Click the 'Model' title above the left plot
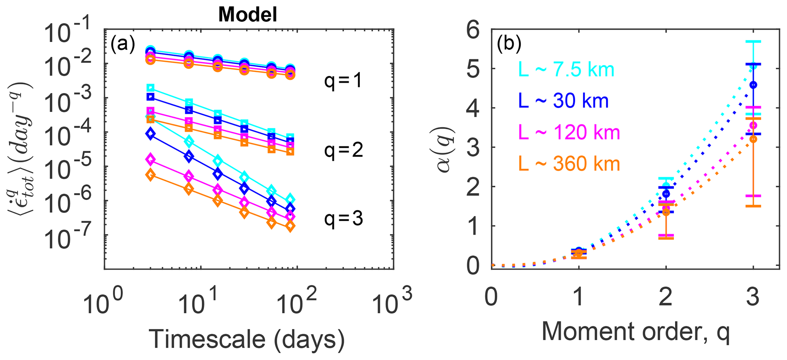point(247,15)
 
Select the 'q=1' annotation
point(343,81)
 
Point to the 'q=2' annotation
point(343,151)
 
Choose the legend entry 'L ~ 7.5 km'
point(566,70)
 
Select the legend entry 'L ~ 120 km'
point(569,133)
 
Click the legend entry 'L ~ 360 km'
point(569,164)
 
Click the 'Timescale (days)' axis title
point(246,338)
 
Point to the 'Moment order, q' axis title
point(635,331)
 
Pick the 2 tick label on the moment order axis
point(666,297)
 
